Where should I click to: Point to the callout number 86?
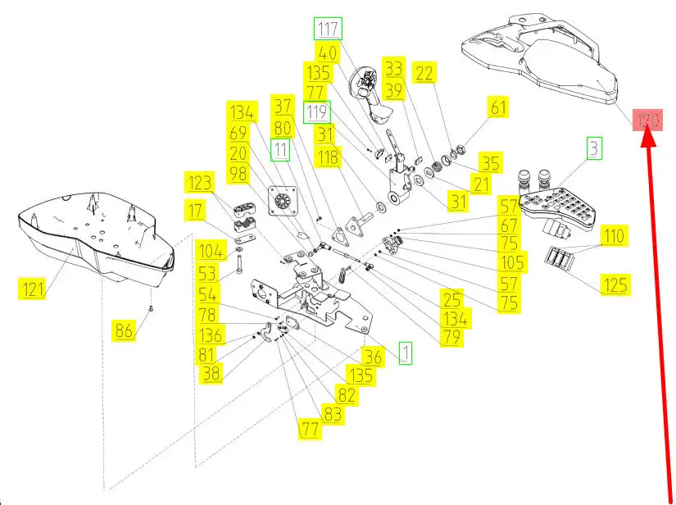[x=124, y=330]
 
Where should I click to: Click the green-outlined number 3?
[x=593, y=149]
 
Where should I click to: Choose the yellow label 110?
[x=614, y=237]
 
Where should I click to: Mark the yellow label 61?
[x=499, y=107]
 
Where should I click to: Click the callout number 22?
[x=424, y=73]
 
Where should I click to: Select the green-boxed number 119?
[x=316, y=111]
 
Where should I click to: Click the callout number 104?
[x=211, y=251]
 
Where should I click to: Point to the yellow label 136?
[x=211, y=335]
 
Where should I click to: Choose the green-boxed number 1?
[x=406, y=353]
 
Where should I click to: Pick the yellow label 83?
[x=333, y=415]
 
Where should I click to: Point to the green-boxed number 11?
[x=281, y=149]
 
